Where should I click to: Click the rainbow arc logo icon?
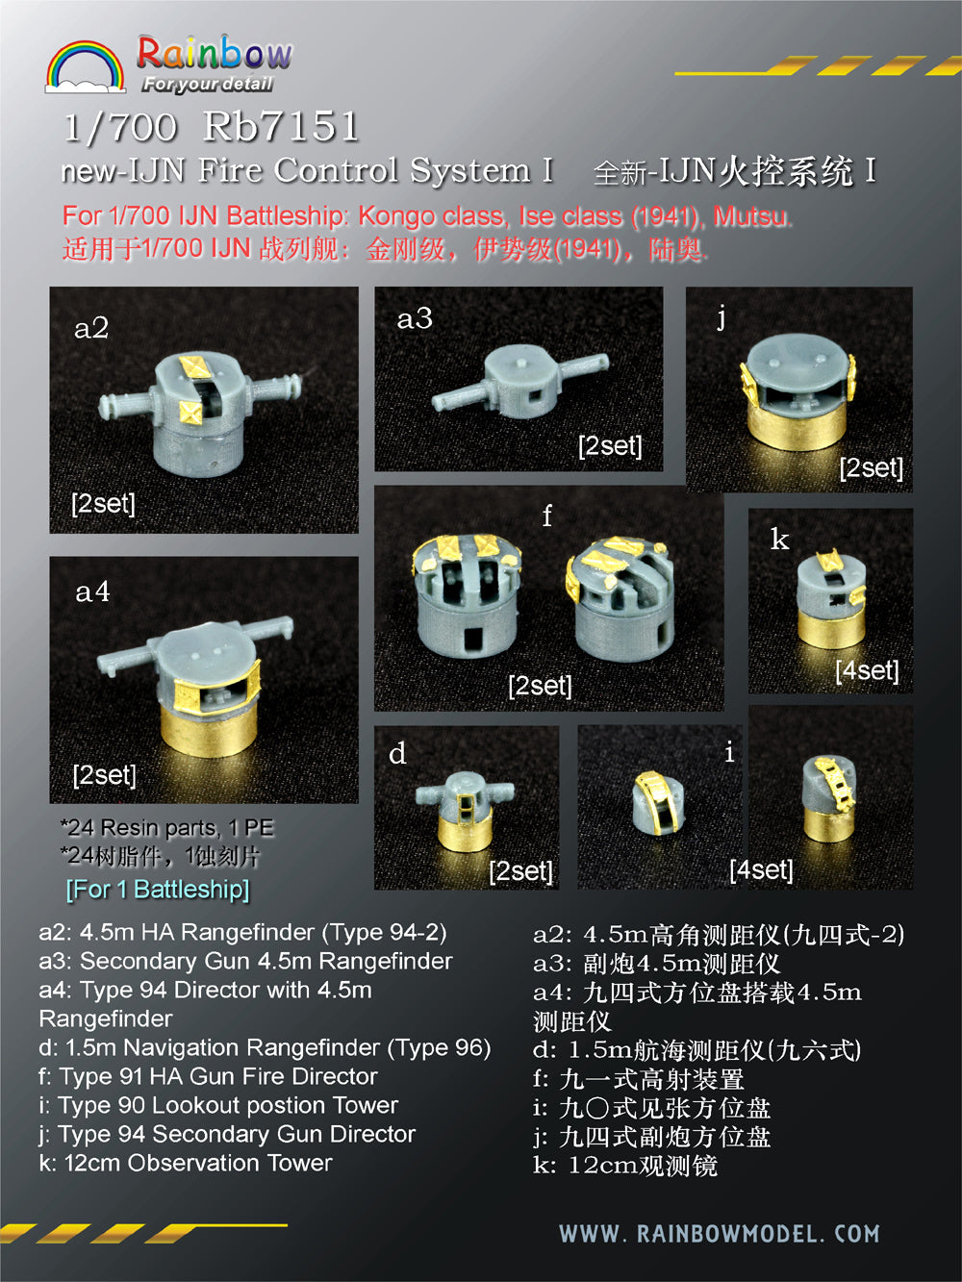tap(85, 66)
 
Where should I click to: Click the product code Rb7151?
tap(281, 127)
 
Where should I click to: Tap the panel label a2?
tap(91, 329)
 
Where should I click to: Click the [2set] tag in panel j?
tap(871, 468)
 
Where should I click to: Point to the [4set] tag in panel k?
tap(867, 670)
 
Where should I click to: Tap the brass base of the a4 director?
tap(208, 726)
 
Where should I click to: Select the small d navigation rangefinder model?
tap(465, 808)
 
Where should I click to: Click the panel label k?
tap(779, 540)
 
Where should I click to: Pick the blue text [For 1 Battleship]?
tap(158, 889)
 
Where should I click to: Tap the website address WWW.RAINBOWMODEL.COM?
tap(719, 1234)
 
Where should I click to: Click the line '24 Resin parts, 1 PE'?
tap(167, 827)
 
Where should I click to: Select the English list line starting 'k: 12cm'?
tap(186, 1163)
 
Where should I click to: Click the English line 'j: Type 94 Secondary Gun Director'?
tap(227, 1134)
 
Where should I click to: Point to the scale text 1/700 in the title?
tap(120, 127)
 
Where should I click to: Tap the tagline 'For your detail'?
tap(208, 85)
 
